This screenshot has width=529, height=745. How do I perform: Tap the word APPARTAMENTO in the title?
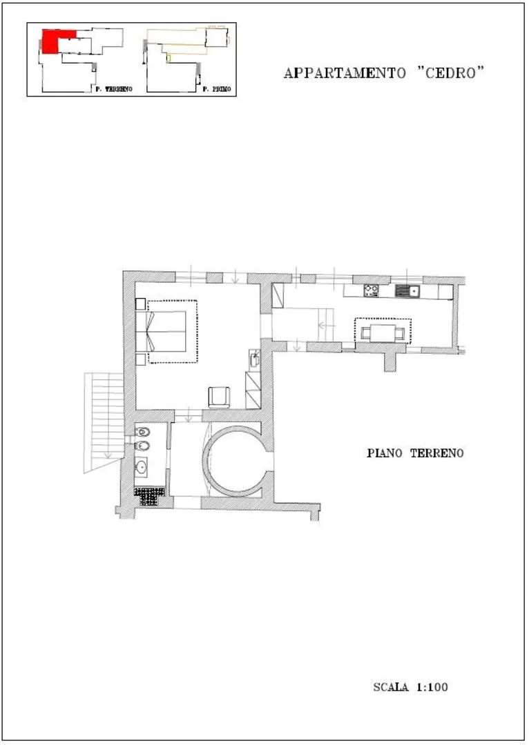click(345, 73)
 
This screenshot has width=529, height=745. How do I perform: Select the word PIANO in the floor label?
click(384, 453)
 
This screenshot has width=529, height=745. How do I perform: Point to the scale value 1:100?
click(432, 687)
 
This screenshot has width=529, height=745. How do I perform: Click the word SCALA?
click(391, 687)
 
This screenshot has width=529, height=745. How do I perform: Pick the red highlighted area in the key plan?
click(55, 41)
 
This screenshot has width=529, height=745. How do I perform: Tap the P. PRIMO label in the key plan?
click(217, 89)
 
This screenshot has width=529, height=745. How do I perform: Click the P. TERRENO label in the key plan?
click(114, 89)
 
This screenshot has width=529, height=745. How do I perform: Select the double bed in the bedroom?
click(166, 331)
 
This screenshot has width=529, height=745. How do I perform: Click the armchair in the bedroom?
click(220, 397)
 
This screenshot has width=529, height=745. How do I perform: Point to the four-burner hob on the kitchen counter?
click(371, 290)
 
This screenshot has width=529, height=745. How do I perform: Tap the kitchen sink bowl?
click(414, 291)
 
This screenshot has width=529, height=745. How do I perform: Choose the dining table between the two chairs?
click(383, 333)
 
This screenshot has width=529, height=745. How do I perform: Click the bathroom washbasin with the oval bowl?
click(142, 468)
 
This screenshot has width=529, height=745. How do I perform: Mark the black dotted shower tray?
click(149, 497)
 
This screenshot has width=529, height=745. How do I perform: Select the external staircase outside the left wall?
click(104, 422)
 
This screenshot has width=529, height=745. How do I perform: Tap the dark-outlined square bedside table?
click(140, 304)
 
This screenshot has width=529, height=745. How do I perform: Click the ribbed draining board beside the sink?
click(402, 291)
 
